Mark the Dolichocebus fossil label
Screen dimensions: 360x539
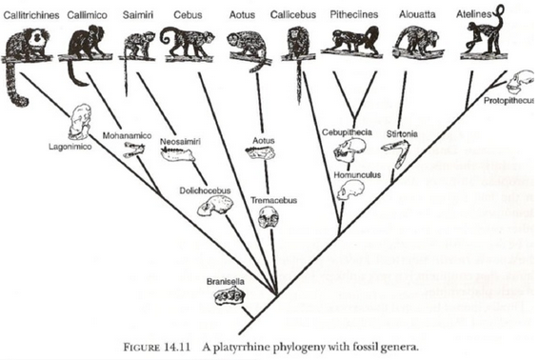pos(203,190)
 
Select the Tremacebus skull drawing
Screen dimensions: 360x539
pos(269,219)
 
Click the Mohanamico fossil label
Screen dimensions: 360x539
pos(125,135)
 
